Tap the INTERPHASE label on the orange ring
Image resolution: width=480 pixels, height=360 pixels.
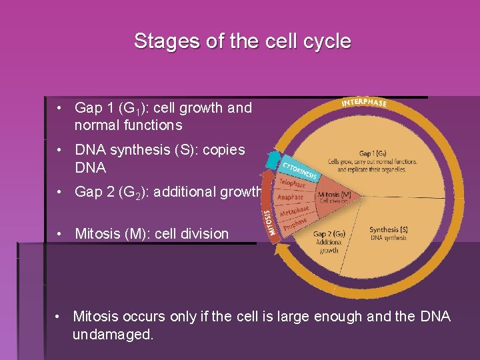[364, 103]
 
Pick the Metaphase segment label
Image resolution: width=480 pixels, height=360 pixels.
[294, 212]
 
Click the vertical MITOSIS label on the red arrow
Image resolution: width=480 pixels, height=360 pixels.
[267, 223]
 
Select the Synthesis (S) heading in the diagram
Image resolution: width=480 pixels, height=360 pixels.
[389, 230]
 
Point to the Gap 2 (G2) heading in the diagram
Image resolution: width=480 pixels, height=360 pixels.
[329, 234]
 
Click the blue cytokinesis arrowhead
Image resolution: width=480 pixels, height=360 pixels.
[272, 160]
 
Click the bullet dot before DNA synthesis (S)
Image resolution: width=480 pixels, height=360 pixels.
[60, 151]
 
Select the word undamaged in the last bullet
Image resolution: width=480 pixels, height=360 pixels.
[113, 335]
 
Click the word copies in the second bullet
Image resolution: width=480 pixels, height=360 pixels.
[215, 151]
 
